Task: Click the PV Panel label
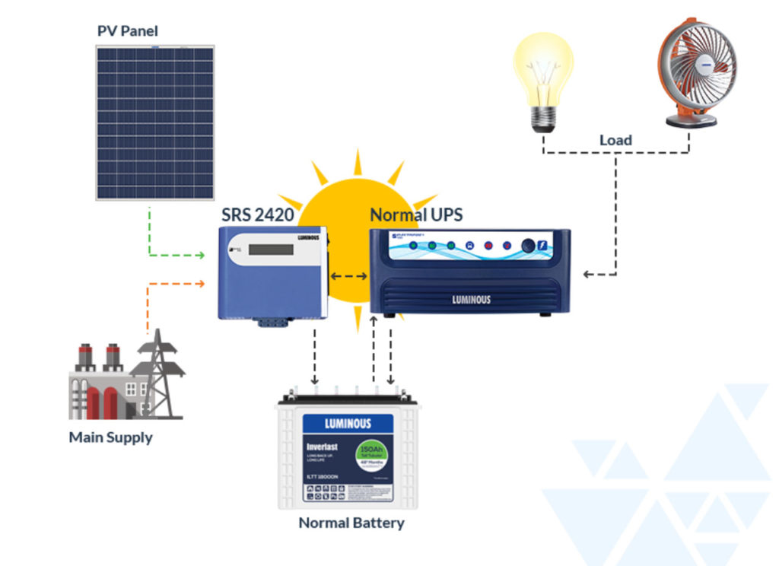[x=127, y=31]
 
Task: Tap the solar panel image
[x=154, y=122]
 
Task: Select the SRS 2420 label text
[x=257, y=215]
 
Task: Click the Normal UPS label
[x=415, y=215]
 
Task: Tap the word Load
[x=615, y=140]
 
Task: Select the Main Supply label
[x=110, y=437]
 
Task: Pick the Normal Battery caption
[x=351, y=523]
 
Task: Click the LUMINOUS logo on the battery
[x=348, y=423]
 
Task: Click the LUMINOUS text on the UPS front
[x=471, y=299]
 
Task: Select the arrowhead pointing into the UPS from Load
[x=587, y=274]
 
